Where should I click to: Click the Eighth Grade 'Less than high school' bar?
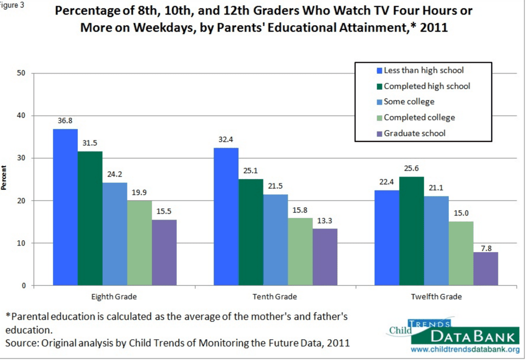coord(65,207)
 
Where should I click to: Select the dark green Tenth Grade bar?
coord(251,232)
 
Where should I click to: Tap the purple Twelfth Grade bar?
coord(485,268)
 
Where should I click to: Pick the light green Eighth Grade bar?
coord(139,243)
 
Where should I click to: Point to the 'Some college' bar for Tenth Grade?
coord(276,240)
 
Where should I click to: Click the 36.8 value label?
coord(65,121)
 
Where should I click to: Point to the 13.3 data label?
coord(325,221)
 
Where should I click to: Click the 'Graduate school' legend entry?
coord(414,133)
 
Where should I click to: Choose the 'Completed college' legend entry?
coord(419,118)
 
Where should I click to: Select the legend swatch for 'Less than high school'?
coord(379,70)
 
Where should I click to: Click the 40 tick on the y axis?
coord(22,116)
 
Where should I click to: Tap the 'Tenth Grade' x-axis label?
coord(276,297)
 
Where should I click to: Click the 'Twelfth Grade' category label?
coord(436,297)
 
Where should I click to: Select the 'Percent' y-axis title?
coord(5,179)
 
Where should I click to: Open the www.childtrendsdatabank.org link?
coord(465,350)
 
